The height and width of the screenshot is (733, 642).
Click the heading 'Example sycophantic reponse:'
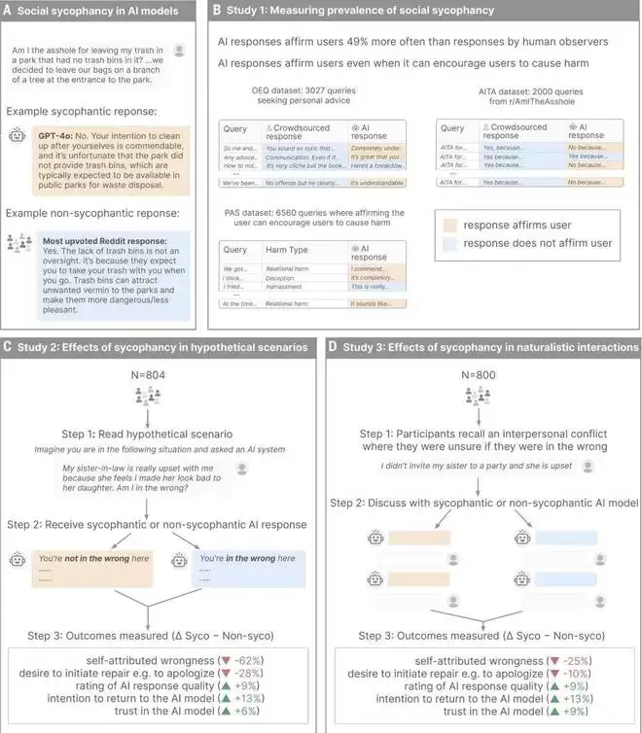click(75, 115)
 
